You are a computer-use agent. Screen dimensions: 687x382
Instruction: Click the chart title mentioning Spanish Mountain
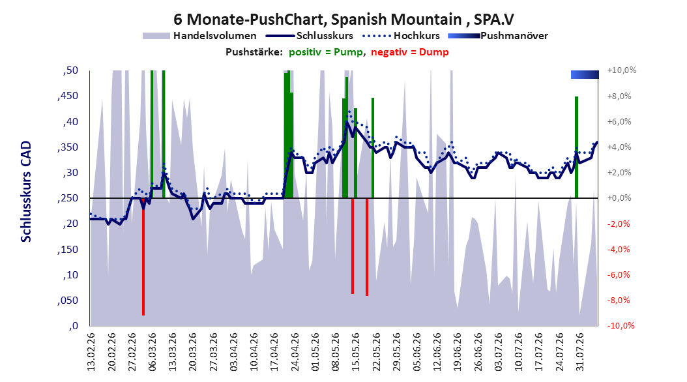[343, 20]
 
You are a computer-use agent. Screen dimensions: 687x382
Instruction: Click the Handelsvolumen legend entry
[199, 36]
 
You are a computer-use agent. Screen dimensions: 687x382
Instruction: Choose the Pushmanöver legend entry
[498, 36]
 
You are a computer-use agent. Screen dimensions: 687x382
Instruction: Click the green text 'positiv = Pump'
[326, 52]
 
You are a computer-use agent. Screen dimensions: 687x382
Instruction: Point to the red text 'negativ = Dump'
[410, 52]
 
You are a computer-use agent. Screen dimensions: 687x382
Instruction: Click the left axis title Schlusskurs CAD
[26, 192]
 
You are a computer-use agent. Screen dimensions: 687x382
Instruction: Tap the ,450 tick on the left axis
[68, 96]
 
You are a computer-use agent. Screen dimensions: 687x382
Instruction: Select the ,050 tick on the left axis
[68, 301]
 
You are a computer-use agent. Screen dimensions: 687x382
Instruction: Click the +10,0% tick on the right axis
[622, 70]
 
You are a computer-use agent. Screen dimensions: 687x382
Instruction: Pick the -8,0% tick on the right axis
[620, 301]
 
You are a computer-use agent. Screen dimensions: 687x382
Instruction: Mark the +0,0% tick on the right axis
[619, 198]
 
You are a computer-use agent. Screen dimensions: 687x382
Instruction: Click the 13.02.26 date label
[91, 352]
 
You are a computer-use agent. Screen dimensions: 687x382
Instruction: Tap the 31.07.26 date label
[579, 352]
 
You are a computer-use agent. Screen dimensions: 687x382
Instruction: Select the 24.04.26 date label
[295, 352]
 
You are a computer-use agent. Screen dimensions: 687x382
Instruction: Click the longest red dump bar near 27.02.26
[143, 257]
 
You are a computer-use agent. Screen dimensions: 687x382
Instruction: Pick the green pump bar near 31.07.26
[577, 147]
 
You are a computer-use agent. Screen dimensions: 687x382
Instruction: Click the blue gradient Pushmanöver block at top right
[585, 74]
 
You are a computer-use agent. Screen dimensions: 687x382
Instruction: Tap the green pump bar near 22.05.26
[373, 148]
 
